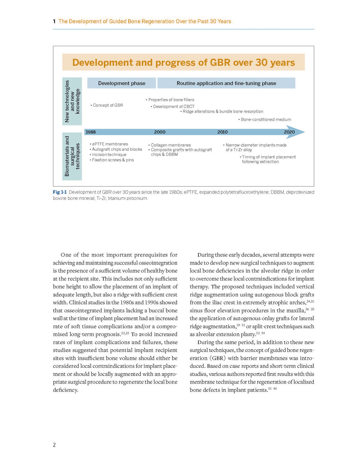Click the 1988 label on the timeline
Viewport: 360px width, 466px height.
click(x=91, y=132)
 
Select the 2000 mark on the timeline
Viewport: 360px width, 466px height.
click(x=159, y=132)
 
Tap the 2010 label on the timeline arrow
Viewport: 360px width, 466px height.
click(x=222, y=132)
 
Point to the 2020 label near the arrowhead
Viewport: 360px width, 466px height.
click(x=289, y=132)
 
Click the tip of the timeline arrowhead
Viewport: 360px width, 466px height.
click(x=305, y=132)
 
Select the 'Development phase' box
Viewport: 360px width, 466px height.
click(x=121, y=83)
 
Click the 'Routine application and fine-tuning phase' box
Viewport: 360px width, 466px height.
click(x=226, y=83)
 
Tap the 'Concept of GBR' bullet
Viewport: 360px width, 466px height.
click(x=107, y=105)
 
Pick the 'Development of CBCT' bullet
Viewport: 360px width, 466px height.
click(x=172, y=106)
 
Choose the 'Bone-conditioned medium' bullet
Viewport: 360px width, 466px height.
click(x=265, y=119)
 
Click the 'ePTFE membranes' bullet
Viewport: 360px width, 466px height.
click(x=109, y=144)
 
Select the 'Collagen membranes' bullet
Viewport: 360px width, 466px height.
click(x=169, y=145)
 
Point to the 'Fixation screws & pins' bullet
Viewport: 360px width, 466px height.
click(x=112, y=160)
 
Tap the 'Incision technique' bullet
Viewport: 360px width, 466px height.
click(x=108, y=154)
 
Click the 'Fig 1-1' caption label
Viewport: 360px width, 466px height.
click(x=60, y=192)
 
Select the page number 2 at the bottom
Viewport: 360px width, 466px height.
click(x=54, y=445)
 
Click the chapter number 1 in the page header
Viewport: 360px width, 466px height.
click(x=54, y=21)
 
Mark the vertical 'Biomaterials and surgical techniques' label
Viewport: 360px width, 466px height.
click(x=72, y=156)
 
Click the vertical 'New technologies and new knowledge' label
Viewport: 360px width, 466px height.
click(x=72, y=101)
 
